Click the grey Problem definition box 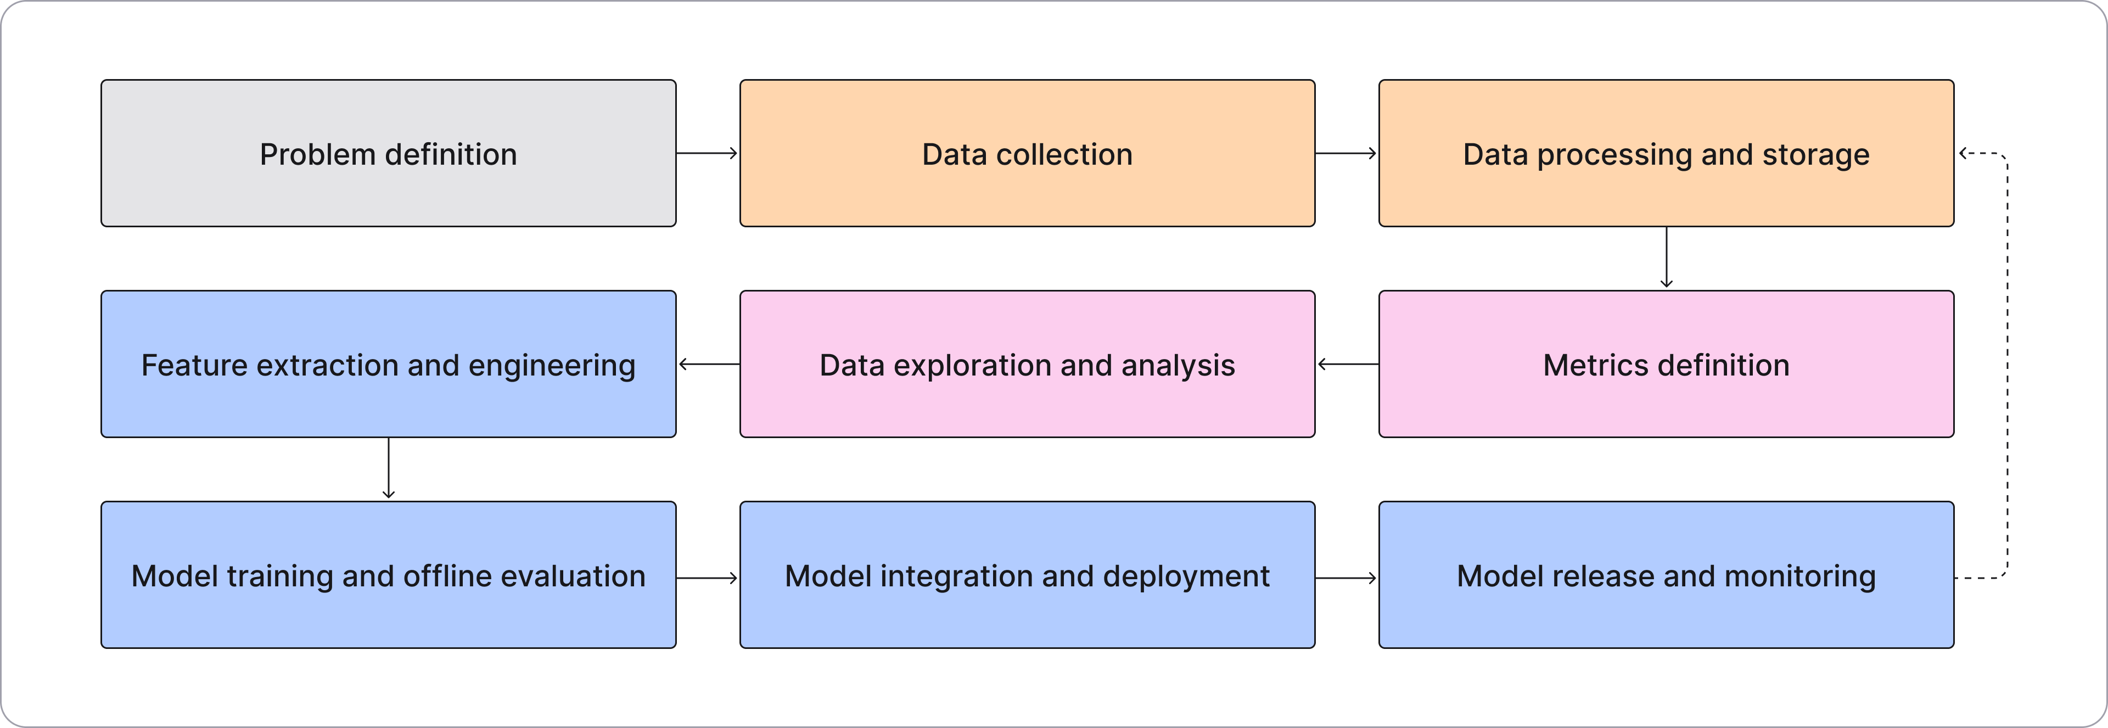(x=388, y=153)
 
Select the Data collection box (x=1027, y=153)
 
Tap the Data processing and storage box (x=1666, y=153)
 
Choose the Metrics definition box (x=1666, y=364)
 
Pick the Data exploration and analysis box (x=1027, y=364)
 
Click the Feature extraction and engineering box (x=388, y=364)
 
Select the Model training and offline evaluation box (x=388, y=575)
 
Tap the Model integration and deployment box (x=1027, y=575)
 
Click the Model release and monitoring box (x=1666, y=575)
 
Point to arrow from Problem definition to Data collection (x=707, y=153)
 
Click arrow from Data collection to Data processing (x=1346, y=153)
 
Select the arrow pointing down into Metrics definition (x=1666, y=257)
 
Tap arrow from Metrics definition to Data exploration (x=1348, y=364)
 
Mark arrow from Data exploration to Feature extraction (x=709, y=364)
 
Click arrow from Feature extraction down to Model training (x=388, y=469)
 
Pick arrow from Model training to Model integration (x=707, y=578)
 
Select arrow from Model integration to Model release (x=1346, y=578)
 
